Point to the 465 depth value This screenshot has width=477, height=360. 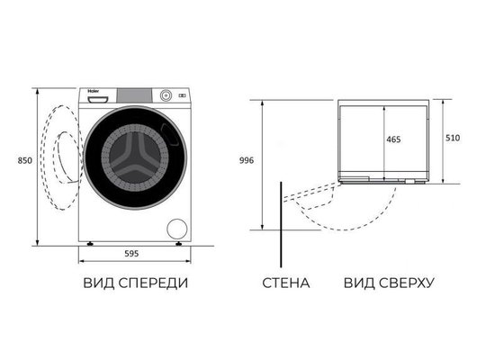pyautogui.click(x=395, y=141)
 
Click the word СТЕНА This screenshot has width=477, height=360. pyautogui.click(x=285, y=283)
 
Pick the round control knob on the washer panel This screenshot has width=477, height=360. pyautogui.click(x=166, y=94)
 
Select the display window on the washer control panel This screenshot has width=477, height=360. pyautogui.click(x=138, y=94)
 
